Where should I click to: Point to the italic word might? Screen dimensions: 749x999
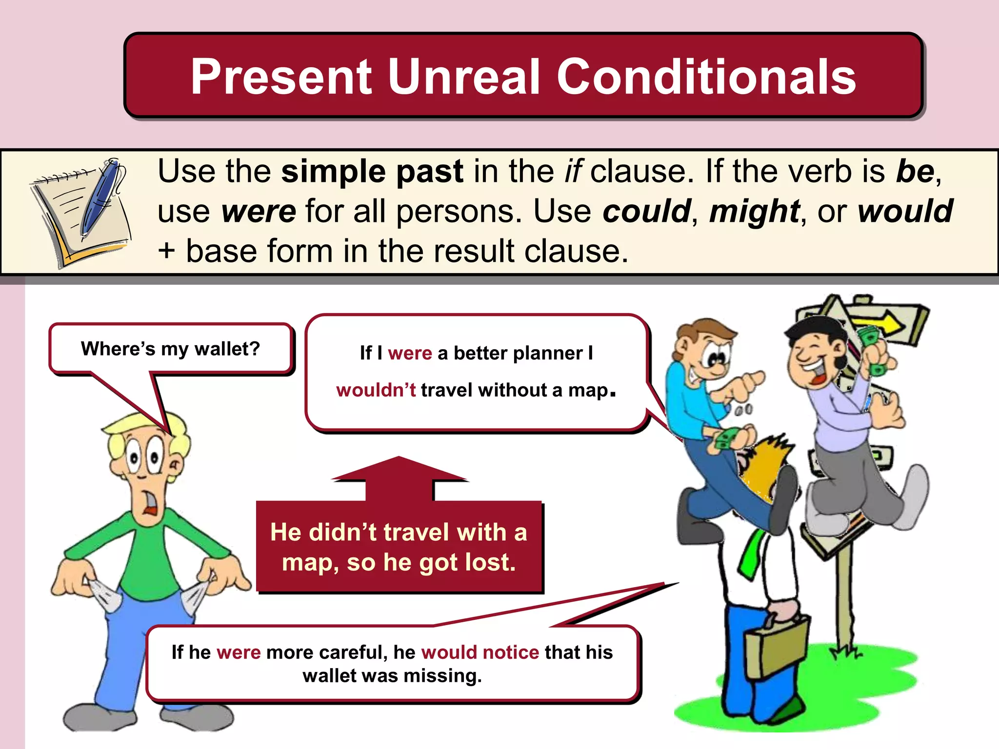(754, 211)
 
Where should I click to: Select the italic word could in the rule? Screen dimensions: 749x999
(646, 211)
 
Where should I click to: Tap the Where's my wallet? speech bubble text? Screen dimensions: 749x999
(170, 349)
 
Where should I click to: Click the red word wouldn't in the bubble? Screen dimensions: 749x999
(376, 390)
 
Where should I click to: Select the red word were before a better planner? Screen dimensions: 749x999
(410, 353)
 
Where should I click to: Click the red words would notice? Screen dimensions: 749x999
(480, 652)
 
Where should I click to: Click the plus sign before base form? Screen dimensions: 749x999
(167, 251)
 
